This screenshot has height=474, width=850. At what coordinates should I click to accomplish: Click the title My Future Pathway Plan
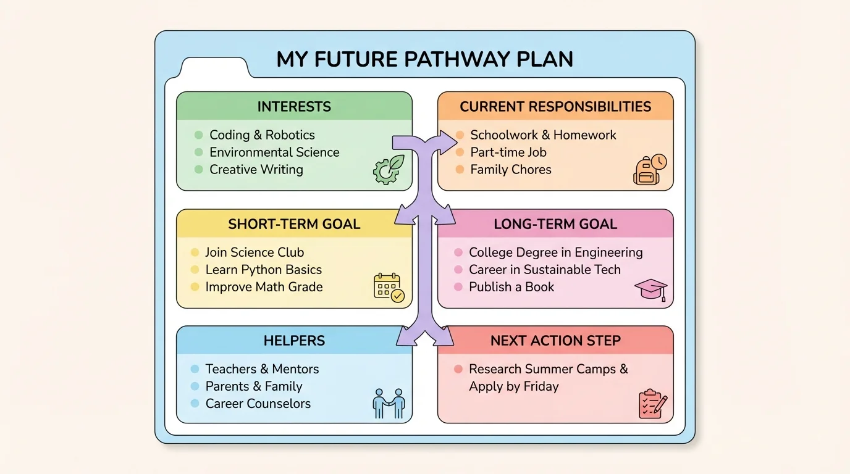pyautogui.click(x=424, y=59)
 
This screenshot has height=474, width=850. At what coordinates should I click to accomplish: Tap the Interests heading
pyautogui.click(x=294, y=107)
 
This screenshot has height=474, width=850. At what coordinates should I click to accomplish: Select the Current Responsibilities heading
pyautogui.click(x=555, y=107)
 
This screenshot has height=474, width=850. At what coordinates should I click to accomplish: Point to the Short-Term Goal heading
pyautogui.click(x=294, y=224)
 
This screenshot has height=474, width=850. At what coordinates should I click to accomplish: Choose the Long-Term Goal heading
pyautogui.click(x=555, y=224)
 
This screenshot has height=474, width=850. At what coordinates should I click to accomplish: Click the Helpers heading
pyautogui.click(x=294, y=341)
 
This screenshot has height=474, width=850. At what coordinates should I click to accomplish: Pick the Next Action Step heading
pyautogui.click(x=555, y=341)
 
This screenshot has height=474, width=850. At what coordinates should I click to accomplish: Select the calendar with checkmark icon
pyautogui.click(x=389, y=287)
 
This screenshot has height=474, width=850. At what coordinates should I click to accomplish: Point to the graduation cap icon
pyautogui.click(x=650, y=289)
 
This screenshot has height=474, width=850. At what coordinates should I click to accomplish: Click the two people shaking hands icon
pyautogui.click(x=389, y=404)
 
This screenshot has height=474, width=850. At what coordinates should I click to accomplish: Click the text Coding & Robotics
pyautogui.click(x=262, y=135)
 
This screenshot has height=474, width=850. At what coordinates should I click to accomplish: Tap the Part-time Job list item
pyautogui.click(x=508, y=152)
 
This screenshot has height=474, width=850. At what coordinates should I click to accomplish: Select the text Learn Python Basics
pyautogui.click(x=263, y=270)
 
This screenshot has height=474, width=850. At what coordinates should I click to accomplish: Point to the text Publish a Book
pyautogui.click(x=511, y=287)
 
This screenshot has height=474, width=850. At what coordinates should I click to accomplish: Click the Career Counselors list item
pyautogui.click(x=258, y=404)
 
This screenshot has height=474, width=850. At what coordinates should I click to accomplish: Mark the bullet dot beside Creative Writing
pyautogui.click(x=198, y=170)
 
